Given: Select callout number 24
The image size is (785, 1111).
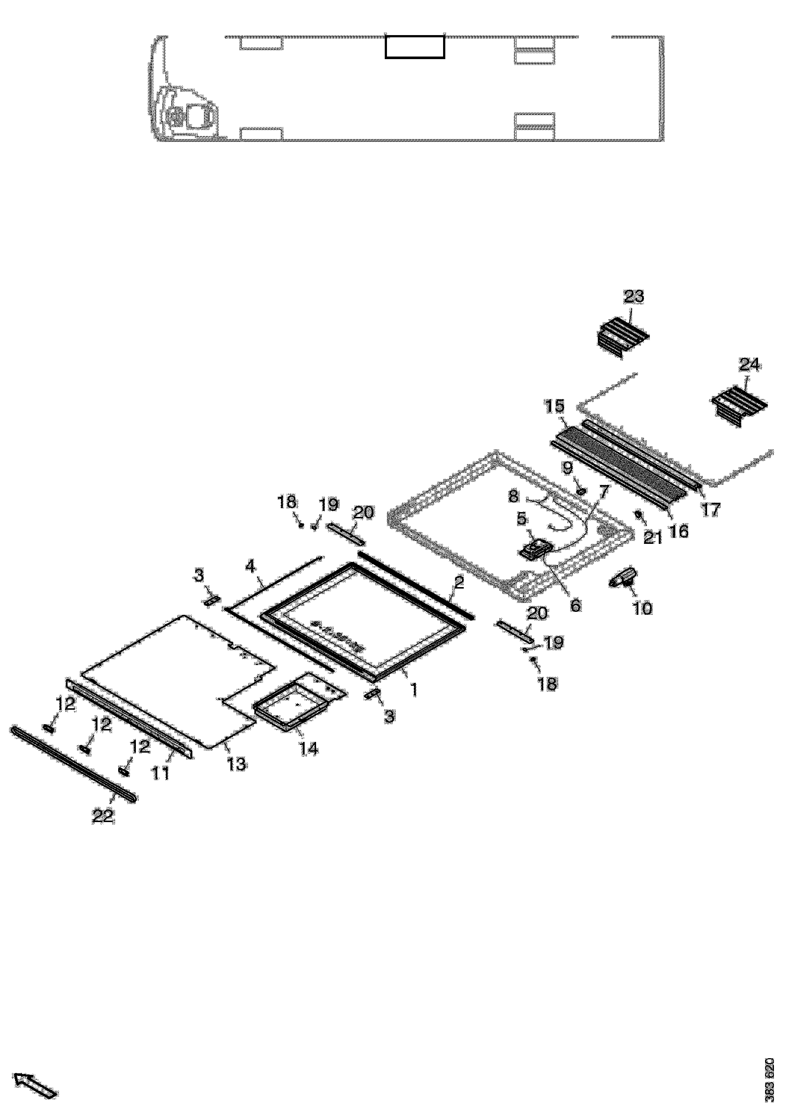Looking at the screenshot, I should coord(749,364).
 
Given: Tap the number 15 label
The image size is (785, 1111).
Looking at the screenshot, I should coord(555,406).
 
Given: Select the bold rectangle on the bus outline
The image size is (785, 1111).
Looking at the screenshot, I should coord(415,47).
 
